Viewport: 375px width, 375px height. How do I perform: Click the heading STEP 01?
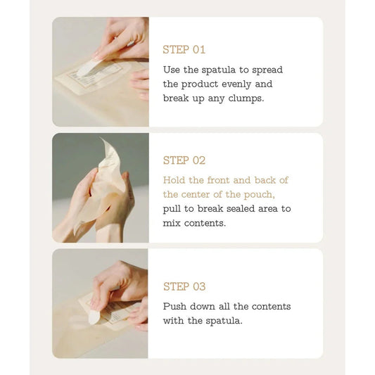(x=184, y=50)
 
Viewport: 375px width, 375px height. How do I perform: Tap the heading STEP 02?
(x=184, y=160)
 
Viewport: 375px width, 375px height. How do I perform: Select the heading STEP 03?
(x=184, y=286)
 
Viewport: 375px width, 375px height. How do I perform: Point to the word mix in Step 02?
(x=172, y=223)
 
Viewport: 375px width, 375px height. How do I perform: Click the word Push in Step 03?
(x=175, y=307)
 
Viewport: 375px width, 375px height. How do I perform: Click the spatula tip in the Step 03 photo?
(x=94, y=317)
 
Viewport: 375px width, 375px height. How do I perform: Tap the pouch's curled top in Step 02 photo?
(x=107, y=149)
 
